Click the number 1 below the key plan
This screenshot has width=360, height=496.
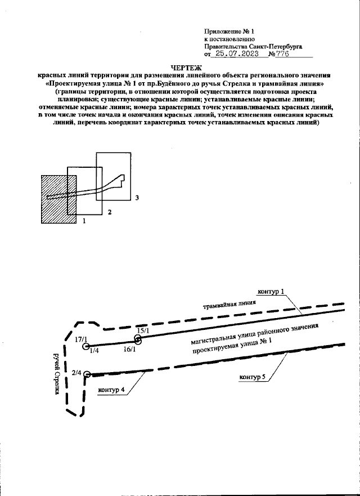(x=84, y=222)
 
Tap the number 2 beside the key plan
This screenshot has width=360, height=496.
(x=110, y=212)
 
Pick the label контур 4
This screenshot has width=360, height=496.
(x=111, y=390)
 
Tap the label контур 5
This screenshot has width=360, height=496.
(x=252, y=376)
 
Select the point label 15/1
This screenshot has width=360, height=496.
(x=142, y=330)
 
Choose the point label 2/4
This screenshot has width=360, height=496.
(x=77, y=372)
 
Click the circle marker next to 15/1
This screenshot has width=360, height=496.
(x=138, y=339)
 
